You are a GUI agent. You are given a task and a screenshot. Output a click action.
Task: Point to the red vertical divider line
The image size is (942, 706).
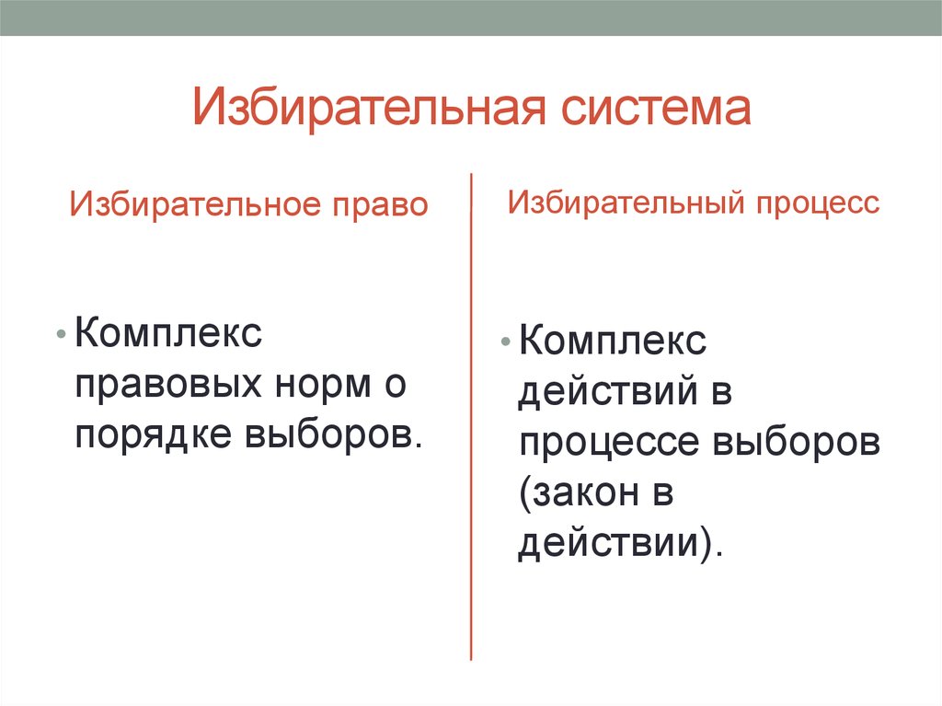pos(472,414)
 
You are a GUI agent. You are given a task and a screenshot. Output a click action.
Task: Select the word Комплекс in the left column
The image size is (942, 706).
pos(169,332)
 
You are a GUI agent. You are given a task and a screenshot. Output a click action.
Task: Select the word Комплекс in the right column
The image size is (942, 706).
pos(614,343)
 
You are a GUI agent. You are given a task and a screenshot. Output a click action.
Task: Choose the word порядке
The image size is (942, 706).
pos(153,434)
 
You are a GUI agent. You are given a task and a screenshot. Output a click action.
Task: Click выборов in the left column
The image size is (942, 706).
pos(334,434)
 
